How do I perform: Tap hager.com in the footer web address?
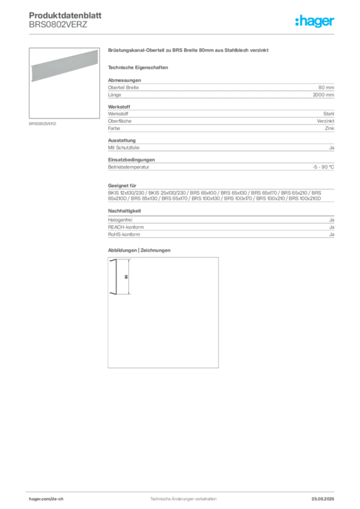(x=40, y=499)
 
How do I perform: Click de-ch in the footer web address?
(x=61, y=499)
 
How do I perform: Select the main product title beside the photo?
(x=189, y=52)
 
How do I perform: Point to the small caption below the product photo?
(x=44, y=124)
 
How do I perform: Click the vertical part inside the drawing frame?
(x=115, y=277)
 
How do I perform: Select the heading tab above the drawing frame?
(x=139, y=250)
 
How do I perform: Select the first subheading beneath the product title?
(x=139, y=67)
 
